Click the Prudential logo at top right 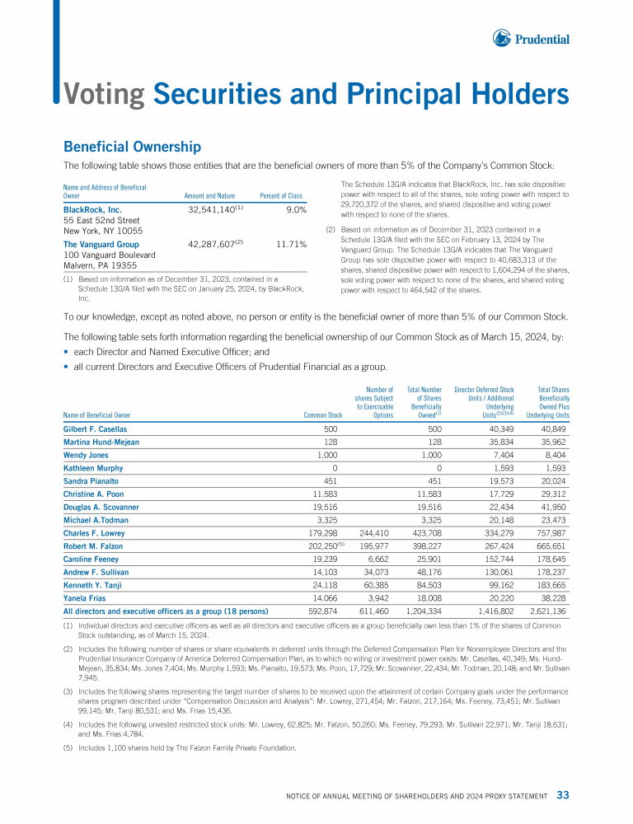(532, 38)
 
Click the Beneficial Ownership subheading (132, 147)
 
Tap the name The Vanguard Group (101, 245)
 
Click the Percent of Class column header (281, 196)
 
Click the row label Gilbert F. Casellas (95, 429)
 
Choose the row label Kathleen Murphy (92, 468)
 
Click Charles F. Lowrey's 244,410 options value (376, 532)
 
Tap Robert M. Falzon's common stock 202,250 (321, 545)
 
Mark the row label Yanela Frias (85, 597)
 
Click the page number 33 (563, 795)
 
